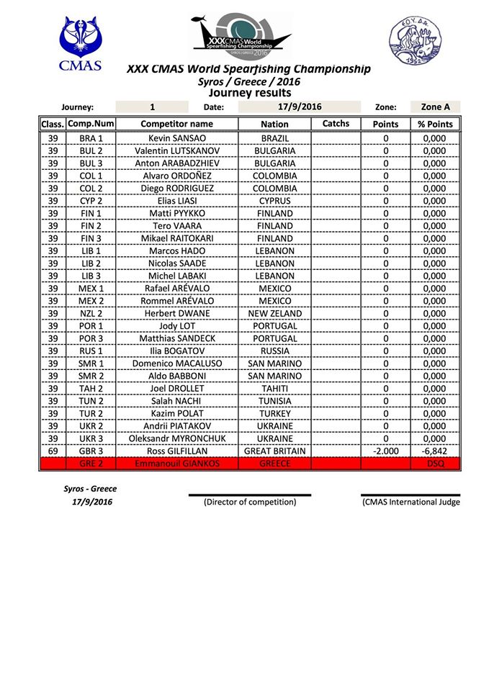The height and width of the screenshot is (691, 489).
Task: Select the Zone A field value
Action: pos(435,107)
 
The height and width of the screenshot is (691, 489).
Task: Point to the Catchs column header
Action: pos(336,124)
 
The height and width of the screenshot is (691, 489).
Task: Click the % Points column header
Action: pos(435,124)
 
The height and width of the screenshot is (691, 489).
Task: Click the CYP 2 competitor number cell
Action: pos(91,201)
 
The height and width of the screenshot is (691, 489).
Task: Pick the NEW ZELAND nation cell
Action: pos(274,325)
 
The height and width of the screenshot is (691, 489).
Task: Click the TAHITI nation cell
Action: pos(274,388)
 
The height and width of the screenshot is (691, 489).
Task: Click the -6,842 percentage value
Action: pos(435,451)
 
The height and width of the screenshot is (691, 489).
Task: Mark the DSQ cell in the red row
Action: pos(435,464)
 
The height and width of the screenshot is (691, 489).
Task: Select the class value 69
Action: pos(53,451)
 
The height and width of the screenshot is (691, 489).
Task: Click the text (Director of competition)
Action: pos(250,502)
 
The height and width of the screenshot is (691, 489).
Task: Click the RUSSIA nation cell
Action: pos(274,351)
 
